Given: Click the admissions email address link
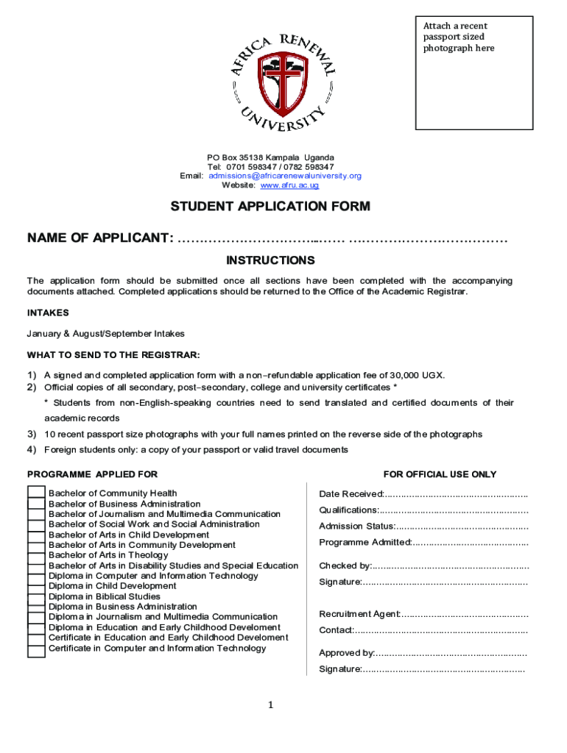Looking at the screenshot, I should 285,176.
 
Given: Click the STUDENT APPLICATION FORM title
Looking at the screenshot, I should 270,207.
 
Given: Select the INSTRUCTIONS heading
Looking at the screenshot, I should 270,261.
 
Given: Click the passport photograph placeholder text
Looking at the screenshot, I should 459,38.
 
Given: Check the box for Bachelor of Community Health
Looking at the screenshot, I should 36,493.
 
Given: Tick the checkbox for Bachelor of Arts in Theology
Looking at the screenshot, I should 36,555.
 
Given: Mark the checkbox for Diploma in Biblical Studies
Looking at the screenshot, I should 36,597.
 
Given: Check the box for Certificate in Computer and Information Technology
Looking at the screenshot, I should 36,649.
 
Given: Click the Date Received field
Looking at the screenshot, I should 456,494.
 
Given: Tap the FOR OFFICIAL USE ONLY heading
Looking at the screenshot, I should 440,475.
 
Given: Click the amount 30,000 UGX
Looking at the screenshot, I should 418,375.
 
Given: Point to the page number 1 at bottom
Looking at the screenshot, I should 270,706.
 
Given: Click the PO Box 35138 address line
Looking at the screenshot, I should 270,158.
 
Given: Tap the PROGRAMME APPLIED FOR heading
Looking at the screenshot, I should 92,475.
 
